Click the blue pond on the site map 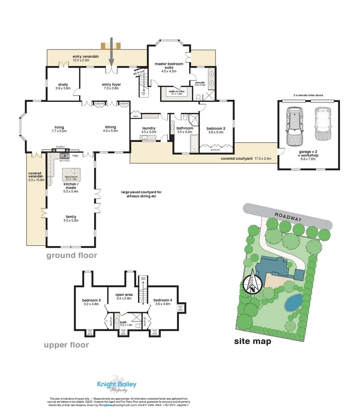click(x=293, y=302)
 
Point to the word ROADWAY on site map click(x=288, y=217)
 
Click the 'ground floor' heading click(x=71, y=256)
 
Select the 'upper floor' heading click(x=66, y=345)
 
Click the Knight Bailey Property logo click(x=116, y=385)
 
